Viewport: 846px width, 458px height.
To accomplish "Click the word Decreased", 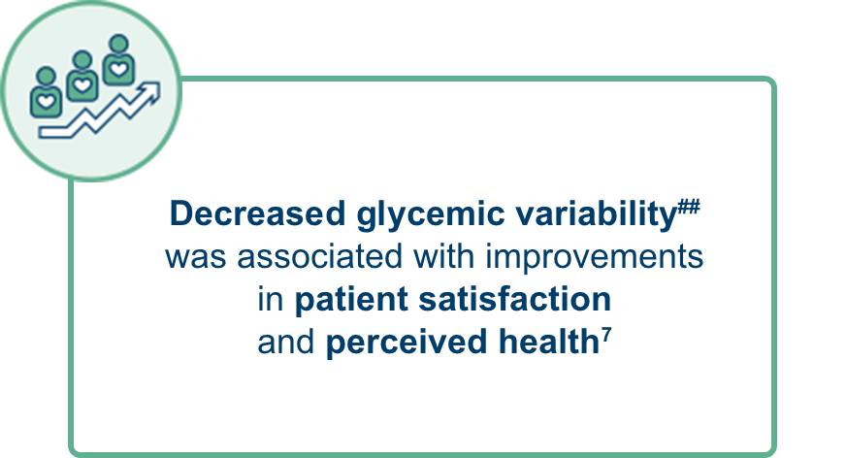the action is pos(257,213).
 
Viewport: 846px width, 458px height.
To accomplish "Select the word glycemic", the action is pos(430,215).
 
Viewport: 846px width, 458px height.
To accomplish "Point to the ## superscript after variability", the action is pos(689,206).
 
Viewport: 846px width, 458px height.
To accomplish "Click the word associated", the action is pos(319,256).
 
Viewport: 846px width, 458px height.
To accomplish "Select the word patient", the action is pos(350,300).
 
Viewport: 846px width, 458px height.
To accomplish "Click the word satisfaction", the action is pos(515,300).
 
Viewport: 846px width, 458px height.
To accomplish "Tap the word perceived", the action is pos(407,343).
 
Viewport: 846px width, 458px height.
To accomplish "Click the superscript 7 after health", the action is pos(606,335).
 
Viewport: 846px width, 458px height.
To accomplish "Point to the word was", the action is pos(196,259).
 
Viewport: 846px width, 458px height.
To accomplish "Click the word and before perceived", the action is pos(286,343).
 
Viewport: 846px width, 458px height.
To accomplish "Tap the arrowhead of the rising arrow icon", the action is pos(150,92).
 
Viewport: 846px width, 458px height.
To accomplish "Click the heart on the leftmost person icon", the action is pos(46,101).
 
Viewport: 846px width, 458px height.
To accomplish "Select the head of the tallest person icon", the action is pos(118,43).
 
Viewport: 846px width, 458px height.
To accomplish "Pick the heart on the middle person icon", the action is pos(82,84).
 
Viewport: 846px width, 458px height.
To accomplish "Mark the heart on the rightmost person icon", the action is pos(118,69).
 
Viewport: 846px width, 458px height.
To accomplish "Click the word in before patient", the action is pos(271,300).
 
